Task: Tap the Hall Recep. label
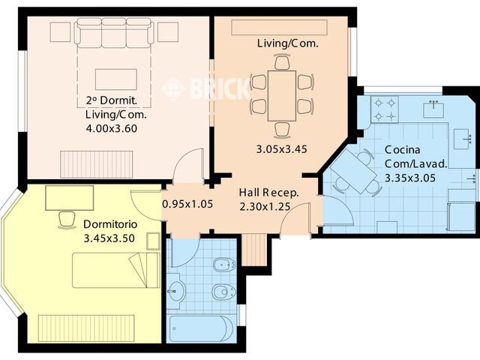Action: [x=268, y=193]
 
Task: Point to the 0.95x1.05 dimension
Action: [x=187, y=203]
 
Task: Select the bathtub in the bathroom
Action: [x=200, y=328]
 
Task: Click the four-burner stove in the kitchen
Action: [x=385, y=109]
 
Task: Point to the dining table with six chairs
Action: [x=282, y=94]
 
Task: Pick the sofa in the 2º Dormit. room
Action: [x=115, y=31]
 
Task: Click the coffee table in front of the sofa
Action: [x=115, y=79]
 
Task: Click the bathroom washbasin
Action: [x=177, y=292]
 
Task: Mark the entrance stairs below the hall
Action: [x=253, y=250]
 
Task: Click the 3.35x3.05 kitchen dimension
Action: [x=409, y=178]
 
